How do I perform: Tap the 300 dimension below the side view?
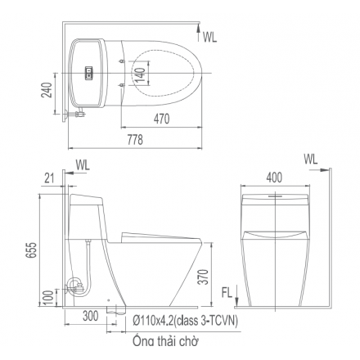click(x=90, y=316)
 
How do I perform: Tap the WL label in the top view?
click(x=210, y=37)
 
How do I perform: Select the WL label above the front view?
click(x=312, y=157)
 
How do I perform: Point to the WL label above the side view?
click(x=83, y=165)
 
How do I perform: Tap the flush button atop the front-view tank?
click(x=275, y=196)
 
